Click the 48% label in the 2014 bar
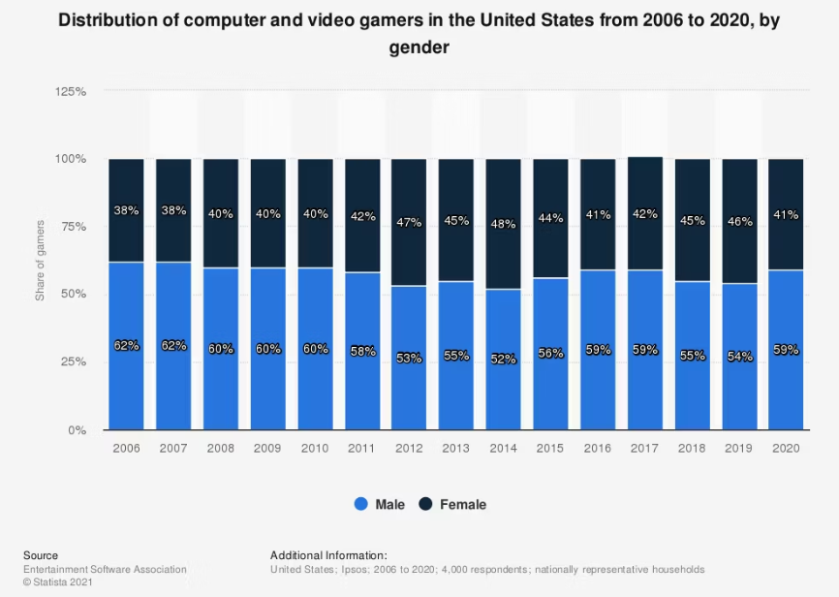pos(504,224)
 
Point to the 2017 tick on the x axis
pos(645,450)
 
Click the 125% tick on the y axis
pos(71,91)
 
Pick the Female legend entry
pos(453,504)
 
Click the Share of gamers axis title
pos(41,260)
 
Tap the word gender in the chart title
pos(419,47)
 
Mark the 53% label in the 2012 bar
pos(409,358)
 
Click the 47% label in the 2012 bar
pos(409,222)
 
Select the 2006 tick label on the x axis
pos(126,450)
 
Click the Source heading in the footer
pos(41,555)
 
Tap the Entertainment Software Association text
pos(105,569)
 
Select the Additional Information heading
pos(328,555)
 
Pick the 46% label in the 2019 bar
pos(739,222)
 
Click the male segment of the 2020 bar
pos(786,388)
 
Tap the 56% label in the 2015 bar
pos(551,354)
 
